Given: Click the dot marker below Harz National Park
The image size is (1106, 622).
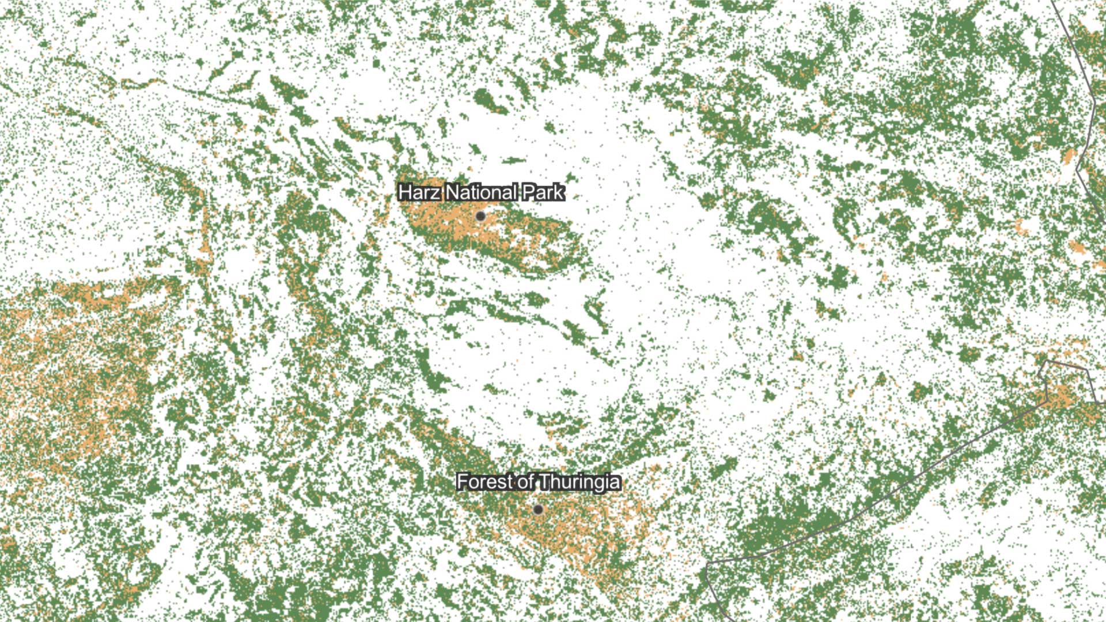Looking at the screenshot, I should (480, 217).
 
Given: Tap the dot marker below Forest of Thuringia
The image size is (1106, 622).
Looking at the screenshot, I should (538, 510).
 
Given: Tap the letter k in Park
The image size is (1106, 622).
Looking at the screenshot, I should (559, 192).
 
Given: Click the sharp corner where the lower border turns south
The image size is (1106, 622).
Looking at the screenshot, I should (708, 563).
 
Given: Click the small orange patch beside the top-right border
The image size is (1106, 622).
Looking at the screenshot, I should (1069, 155).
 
